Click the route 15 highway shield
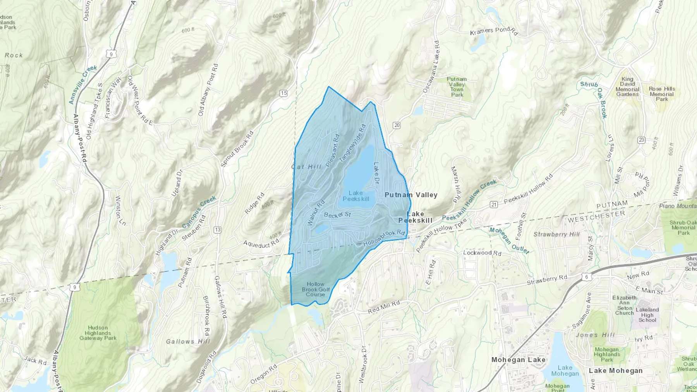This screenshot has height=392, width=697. (284, 93)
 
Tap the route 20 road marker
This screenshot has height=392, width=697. (396, 125)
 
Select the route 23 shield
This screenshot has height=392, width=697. (641, 140)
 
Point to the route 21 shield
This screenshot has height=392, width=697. (493, 204)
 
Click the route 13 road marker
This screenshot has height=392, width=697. (217, 230)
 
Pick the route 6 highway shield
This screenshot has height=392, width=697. (587, 277)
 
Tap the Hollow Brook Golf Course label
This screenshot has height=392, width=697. (316, 289)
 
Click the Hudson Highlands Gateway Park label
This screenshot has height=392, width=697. (98, 333)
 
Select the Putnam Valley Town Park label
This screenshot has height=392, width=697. (457, 87)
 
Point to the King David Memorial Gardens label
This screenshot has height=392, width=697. (627, 87)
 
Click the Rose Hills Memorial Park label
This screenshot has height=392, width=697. (662, 94)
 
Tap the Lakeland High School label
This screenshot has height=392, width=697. (647, 315)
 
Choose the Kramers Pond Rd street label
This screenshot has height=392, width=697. (494, 31)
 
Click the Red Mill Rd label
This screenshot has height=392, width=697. (383, 307)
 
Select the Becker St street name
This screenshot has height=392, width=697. (337, 215)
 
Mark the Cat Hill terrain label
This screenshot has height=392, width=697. (306, 167)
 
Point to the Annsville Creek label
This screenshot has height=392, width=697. (82, 84)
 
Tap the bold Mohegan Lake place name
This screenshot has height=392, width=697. (518, 360)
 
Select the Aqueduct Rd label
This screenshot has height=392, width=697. (261, 244)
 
